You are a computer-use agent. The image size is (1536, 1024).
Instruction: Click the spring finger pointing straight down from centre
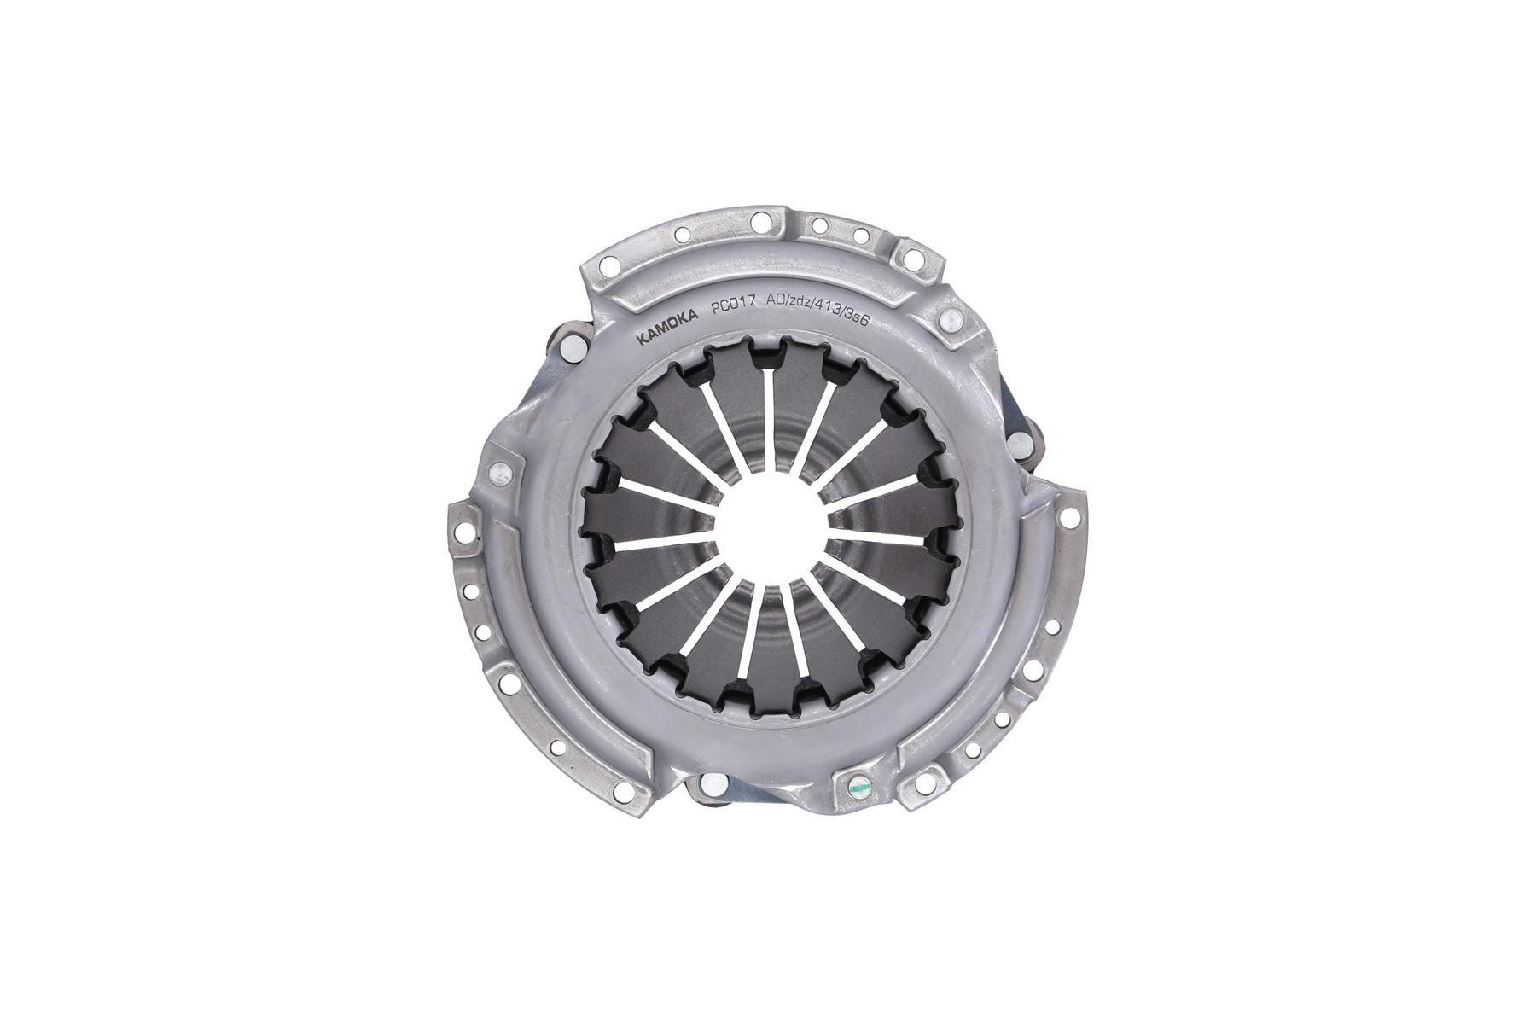769,649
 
